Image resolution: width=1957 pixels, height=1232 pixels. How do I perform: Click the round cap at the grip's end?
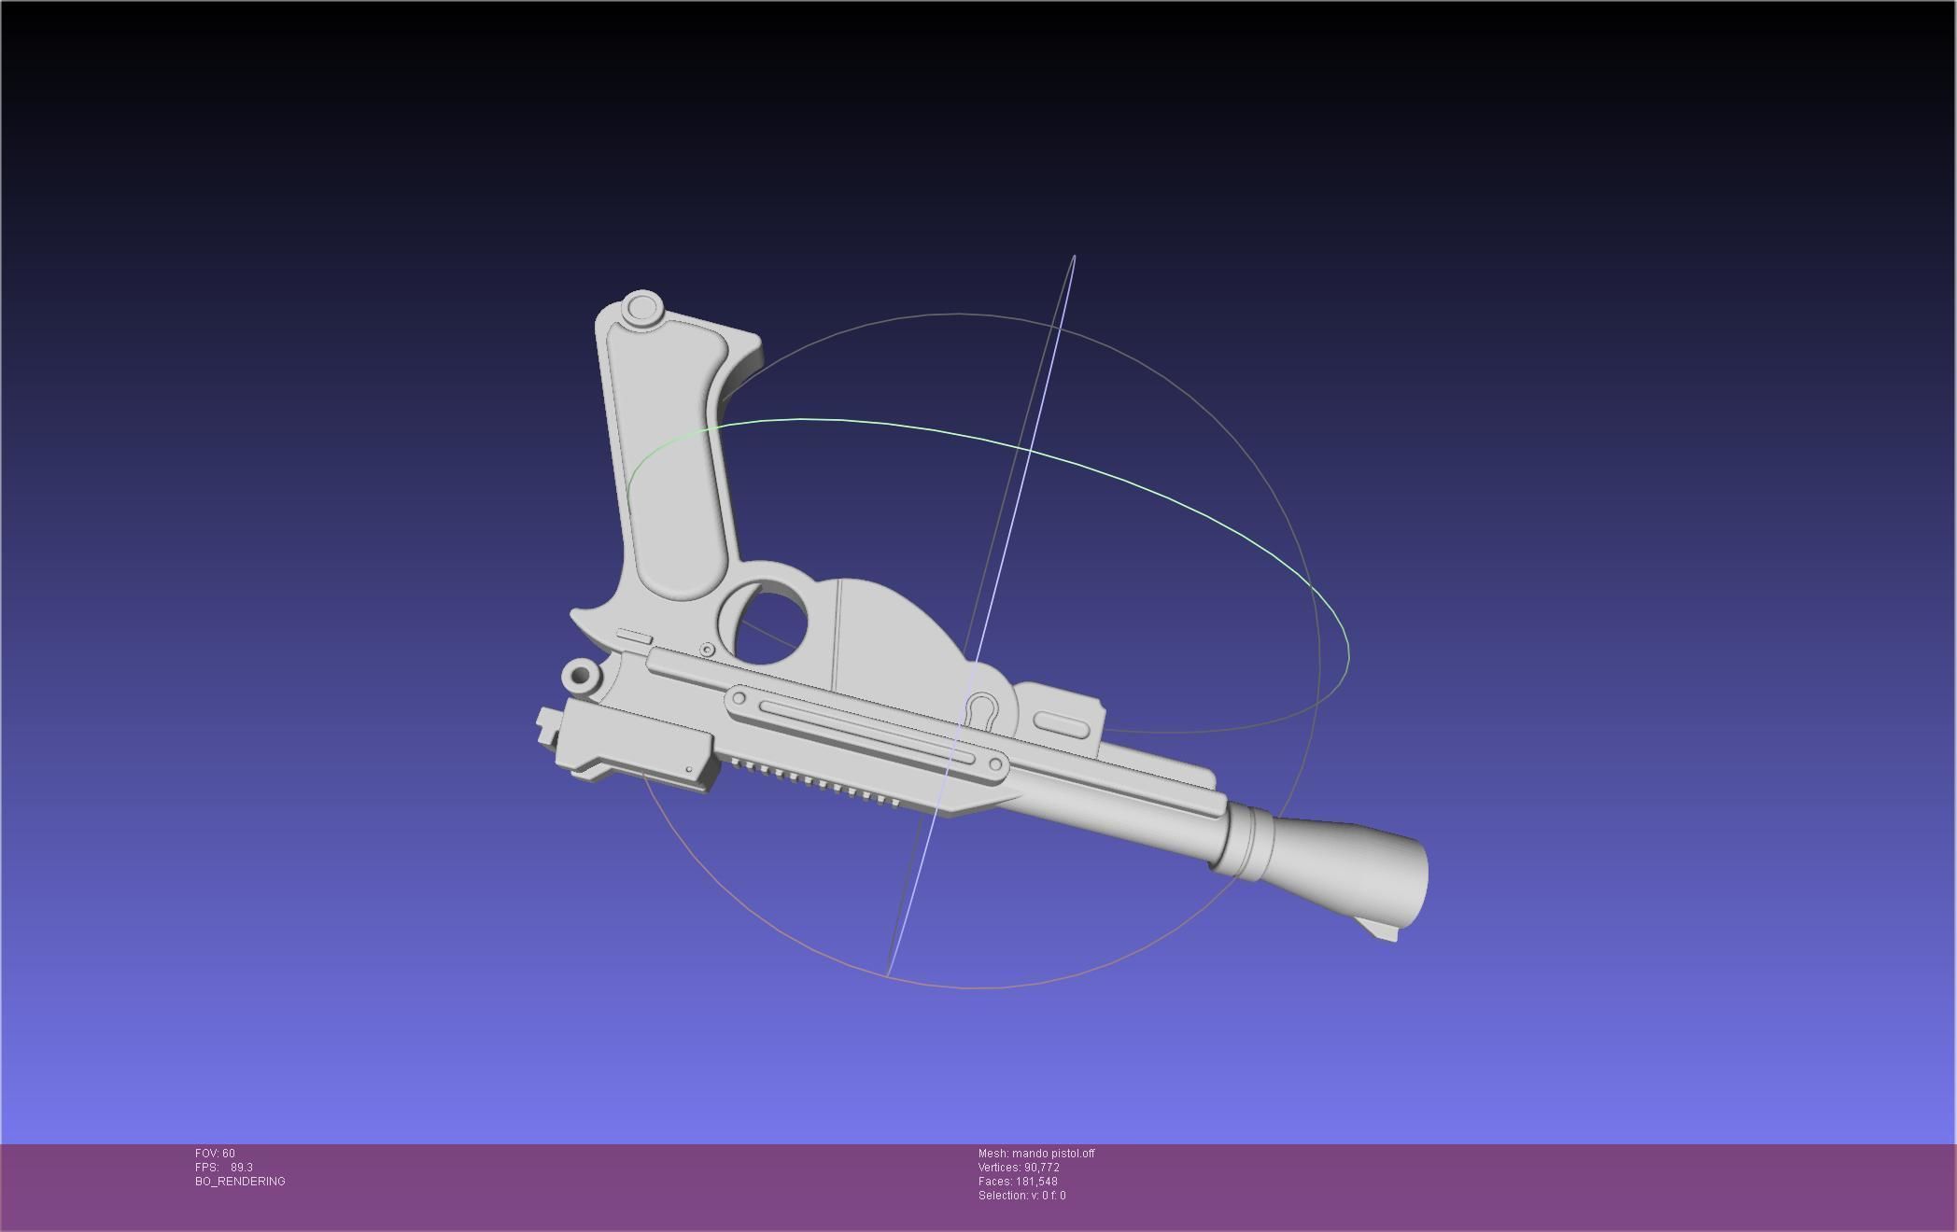(x=642, y=308)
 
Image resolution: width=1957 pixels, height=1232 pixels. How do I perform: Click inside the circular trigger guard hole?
(x=773, y=623)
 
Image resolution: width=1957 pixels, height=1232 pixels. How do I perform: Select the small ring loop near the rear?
(x=581, y=674)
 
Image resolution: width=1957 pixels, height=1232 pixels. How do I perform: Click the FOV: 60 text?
(x=215, y=1154)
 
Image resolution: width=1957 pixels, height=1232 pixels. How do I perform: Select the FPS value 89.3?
(x=242, y=1168)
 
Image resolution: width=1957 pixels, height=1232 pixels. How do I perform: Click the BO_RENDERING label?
(x=240, y=1182)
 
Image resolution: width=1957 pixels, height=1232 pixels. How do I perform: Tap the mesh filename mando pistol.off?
(x=1053, y=1154)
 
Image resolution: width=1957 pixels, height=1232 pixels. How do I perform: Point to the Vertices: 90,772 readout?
(x=1019, y=1168)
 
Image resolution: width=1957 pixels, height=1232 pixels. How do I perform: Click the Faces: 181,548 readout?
(x=1018, y=1182)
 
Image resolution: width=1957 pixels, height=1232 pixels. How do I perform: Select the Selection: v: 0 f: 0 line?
(x=1021, y=1196)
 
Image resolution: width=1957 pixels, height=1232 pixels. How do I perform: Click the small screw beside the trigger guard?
(x=707, y=650)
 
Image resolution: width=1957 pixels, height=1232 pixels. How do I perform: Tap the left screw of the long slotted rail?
(x=739, y=698)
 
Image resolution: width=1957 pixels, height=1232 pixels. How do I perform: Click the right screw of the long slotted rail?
(x=995, y=765)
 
